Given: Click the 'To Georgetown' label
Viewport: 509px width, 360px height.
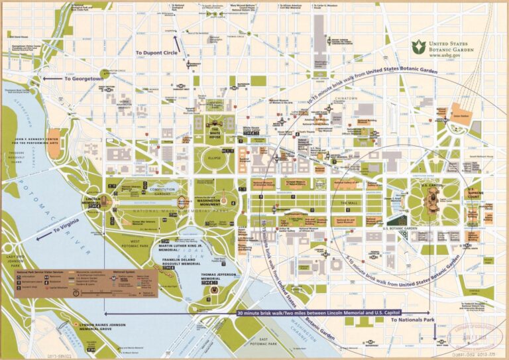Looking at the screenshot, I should point(84,78).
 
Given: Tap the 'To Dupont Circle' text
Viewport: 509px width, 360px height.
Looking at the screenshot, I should point(156,52).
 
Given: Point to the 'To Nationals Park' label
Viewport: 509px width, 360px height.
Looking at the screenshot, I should point(412,320).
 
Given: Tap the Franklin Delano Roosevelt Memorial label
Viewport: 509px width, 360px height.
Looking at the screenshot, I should point(180,261).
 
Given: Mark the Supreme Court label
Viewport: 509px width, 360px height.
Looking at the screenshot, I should point(472,193).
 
